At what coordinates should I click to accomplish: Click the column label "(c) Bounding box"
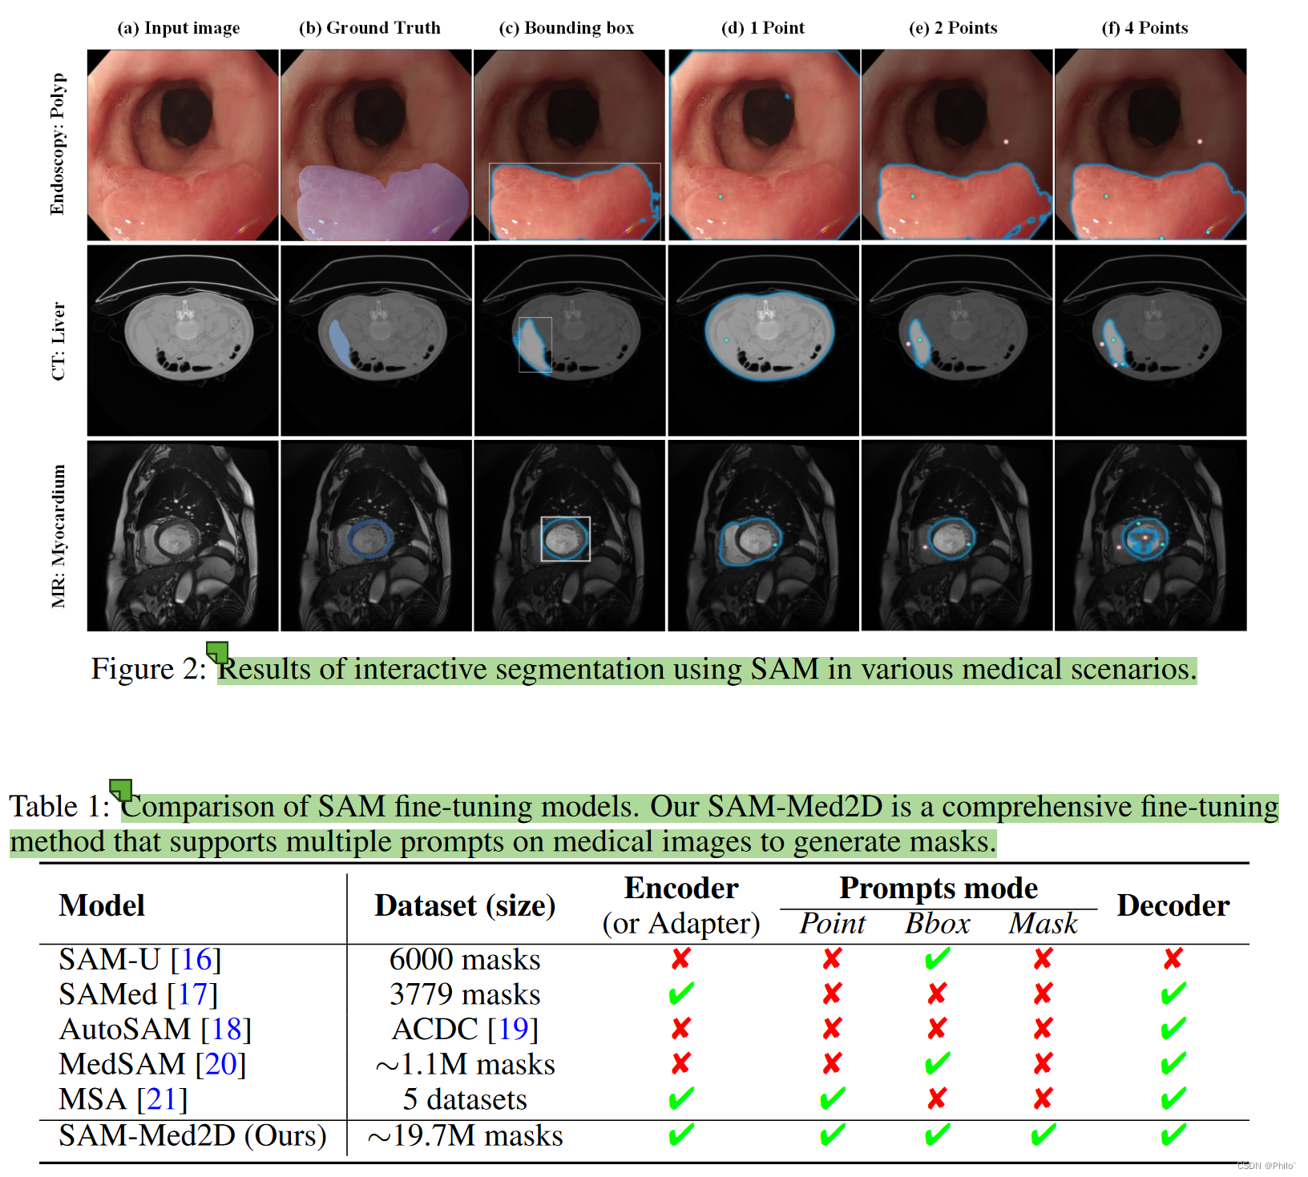[566, 28]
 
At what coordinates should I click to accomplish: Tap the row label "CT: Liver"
[58, 341]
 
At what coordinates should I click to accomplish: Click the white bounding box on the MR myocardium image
[565, 538]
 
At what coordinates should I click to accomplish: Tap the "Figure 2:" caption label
[148, 669]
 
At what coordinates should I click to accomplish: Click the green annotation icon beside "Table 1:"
[121, 790]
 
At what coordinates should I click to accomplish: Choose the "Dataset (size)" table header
[465, 905]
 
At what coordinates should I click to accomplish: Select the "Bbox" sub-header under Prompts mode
[937, 924]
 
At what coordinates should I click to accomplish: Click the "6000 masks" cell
[465, 959]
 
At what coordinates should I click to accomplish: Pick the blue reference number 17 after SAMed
[192, 994]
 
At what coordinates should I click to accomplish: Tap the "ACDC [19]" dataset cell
[465, 1029]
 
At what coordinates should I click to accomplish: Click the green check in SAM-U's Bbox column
[937, 958]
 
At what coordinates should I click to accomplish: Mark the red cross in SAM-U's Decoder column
[1173, 958]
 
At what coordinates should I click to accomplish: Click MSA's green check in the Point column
[832, 1098]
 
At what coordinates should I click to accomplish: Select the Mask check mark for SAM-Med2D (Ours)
[1043, 1135]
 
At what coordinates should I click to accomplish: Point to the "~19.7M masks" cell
[465, 1136]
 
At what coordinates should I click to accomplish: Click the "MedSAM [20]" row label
[152, 1064]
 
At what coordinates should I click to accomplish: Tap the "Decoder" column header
[1173, 905]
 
